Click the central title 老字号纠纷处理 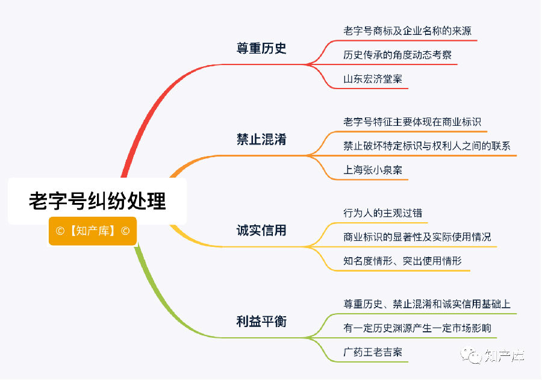click(98, 201)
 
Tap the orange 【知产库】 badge click(93, 231)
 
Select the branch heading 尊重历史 click(261, 48)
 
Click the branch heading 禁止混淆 click(261, 139)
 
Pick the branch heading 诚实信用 click(261, 230)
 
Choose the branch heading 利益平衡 click(261, 321)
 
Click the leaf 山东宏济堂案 click(373, 79)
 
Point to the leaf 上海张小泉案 click(373, 170)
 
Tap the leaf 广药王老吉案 click(373, 352)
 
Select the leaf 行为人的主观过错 click(382, 213)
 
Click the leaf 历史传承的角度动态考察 click(397, 55)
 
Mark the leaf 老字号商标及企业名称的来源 click(408, 31)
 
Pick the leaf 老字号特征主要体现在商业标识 click(412, 122)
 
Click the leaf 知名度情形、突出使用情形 click(402, 261)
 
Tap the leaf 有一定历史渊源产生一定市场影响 click(417, 328)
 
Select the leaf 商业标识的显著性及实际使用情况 click(417, 237)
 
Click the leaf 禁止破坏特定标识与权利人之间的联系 click(427, 146)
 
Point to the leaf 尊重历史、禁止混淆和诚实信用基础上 click(427, 304)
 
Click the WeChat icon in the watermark click(471, 355)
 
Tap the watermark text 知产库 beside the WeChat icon click(504, 356)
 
